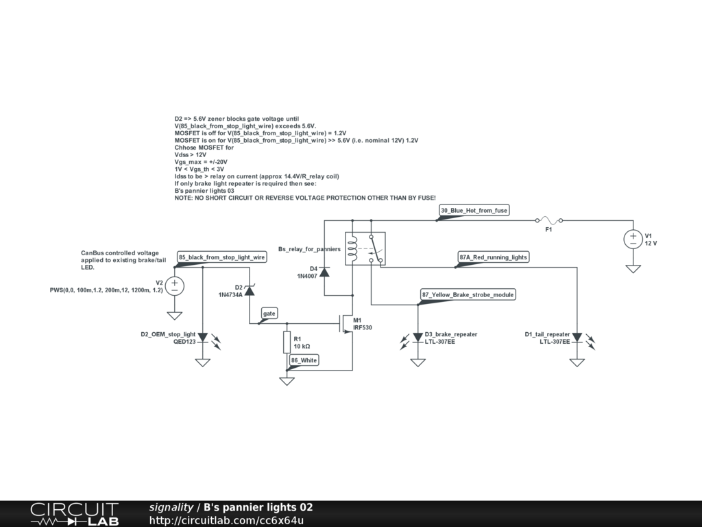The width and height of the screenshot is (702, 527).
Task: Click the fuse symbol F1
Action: (548, 220)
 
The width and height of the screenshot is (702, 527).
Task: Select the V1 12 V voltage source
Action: (632, 239)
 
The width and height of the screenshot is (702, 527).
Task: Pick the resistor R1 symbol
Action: (287, 342)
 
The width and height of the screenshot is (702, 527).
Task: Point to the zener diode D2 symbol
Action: (250, 290)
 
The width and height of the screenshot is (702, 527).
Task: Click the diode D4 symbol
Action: (324, 271)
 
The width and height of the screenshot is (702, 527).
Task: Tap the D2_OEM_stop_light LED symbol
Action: (202, 337)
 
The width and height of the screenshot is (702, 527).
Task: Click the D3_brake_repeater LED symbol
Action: (417, 337)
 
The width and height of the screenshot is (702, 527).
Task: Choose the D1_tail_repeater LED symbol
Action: (577, 337)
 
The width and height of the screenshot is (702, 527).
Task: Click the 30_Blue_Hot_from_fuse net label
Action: (474, 210)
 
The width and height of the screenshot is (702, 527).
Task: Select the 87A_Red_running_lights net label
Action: (494, 257)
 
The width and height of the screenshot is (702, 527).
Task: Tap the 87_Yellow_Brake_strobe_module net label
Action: (468, 294)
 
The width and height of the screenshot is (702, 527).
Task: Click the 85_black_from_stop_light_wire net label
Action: (221, 257)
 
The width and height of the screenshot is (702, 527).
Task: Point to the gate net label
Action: (269, 313)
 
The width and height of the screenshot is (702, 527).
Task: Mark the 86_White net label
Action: (304, 360)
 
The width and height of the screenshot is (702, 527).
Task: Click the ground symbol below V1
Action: (632, 269)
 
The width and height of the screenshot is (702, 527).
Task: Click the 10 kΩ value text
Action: (302, 347)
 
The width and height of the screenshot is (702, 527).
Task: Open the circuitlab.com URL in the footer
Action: (226, 520)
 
